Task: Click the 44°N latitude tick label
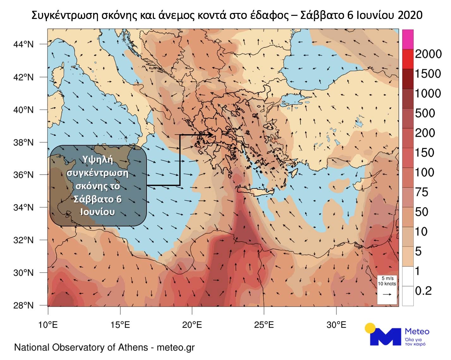pyautogui.click(x=23, y=44)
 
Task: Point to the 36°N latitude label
pyautogui.click(x=23, y=175)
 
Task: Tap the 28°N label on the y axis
pyautogui.click(x=23, y=305)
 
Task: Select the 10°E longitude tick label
pyautogui.click(x=48, y=325)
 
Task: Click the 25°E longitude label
pyautogui.click(x=264, y=325)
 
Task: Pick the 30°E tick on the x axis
pyautogui.click(x=336, y=325)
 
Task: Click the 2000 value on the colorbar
pyautogui.click(x=428, y=54)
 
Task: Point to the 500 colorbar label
pyautogui.click(x=425, y=113)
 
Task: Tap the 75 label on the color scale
pyautogui.click(x=421, y=192)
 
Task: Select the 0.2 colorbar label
pyautogui.click(x=423, y=291)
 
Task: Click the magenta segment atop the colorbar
pyautogui.click(x=407, y=39)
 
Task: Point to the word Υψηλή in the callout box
pyautogui.click(x=98, y=159)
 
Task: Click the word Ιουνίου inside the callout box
pyautogui.click(x=98, y=212)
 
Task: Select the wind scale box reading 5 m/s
pyautogui.click(x=387, y=289)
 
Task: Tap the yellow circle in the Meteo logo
pyautogui.click(x=370, y=328)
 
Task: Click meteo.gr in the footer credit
pyautogui.click(x=176, y=348)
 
